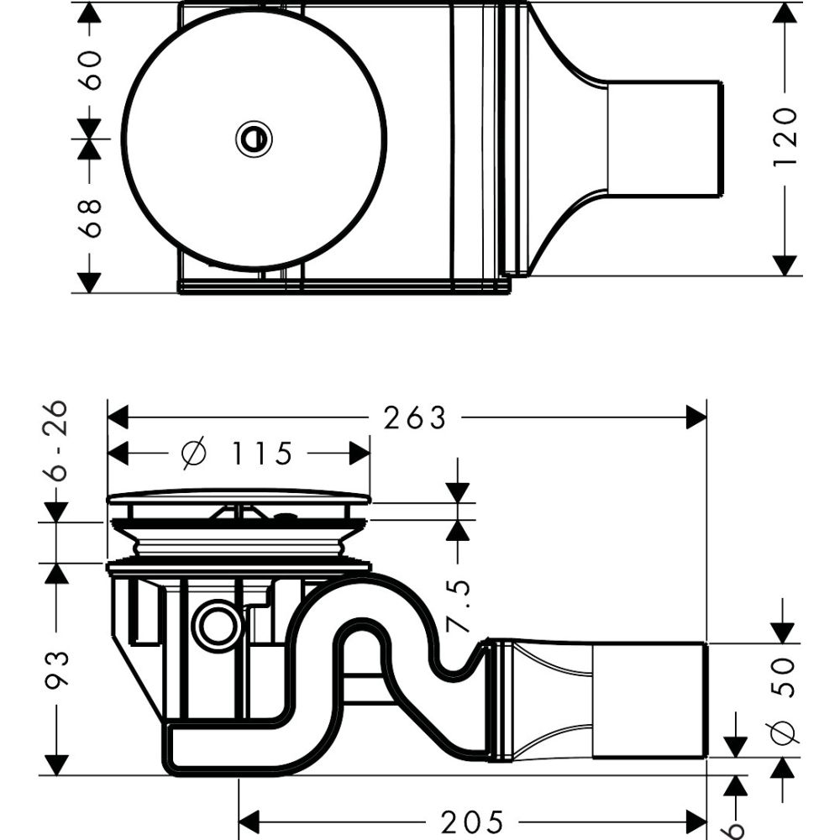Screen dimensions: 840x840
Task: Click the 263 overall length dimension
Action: click(x=415, y=417)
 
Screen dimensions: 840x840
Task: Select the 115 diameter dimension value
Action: click(x=263, y=454)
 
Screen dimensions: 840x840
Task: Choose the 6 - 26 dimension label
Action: click(x=57, y=441)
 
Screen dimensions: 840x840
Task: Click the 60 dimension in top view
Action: click(x=90, y=70)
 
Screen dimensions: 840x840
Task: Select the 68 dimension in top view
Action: click(x=90, y=218)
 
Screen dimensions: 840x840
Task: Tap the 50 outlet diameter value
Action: click(x=783, y=677)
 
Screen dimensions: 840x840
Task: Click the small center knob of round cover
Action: click(x=254, y=139)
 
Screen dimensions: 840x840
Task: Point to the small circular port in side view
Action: click(x=218, y=625)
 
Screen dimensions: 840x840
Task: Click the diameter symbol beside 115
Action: click(x=193, y=454)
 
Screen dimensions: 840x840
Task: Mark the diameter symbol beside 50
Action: click(x=783, y=732)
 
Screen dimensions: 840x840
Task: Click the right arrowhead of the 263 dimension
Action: click(x=696, y=417)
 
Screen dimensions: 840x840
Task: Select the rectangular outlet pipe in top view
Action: click(x=664, y=139)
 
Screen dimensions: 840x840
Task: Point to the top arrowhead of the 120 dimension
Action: click(x=785, y=13)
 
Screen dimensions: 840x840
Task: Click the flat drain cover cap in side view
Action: click(x=239, y=498)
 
